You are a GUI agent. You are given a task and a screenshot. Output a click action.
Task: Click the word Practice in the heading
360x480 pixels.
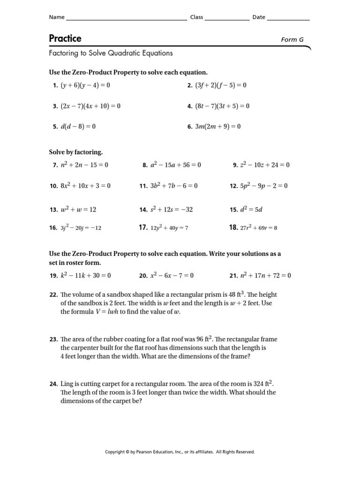(65, 38)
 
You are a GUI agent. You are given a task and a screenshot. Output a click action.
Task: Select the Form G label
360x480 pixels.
(292, 40)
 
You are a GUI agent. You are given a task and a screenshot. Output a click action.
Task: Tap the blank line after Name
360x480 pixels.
(126, 19)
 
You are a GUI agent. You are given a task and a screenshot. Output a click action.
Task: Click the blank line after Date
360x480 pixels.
(288, 19)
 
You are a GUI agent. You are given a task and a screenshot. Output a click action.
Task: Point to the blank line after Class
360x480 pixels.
(227, 19)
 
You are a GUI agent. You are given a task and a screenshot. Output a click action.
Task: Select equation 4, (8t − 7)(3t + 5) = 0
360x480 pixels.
(222, 106)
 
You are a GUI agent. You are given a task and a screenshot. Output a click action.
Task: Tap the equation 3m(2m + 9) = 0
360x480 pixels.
(217, 126)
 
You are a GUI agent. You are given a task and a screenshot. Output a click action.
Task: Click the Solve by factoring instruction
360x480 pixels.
(76, 152)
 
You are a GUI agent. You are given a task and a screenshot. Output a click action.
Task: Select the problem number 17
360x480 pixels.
(143, 228)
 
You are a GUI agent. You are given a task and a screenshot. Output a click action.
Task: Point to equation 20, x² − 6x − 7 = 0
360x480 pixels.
(172, 276)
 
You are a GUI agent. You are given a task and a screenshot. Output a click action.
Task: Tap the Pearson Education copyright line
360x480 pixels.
(180, 452)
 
